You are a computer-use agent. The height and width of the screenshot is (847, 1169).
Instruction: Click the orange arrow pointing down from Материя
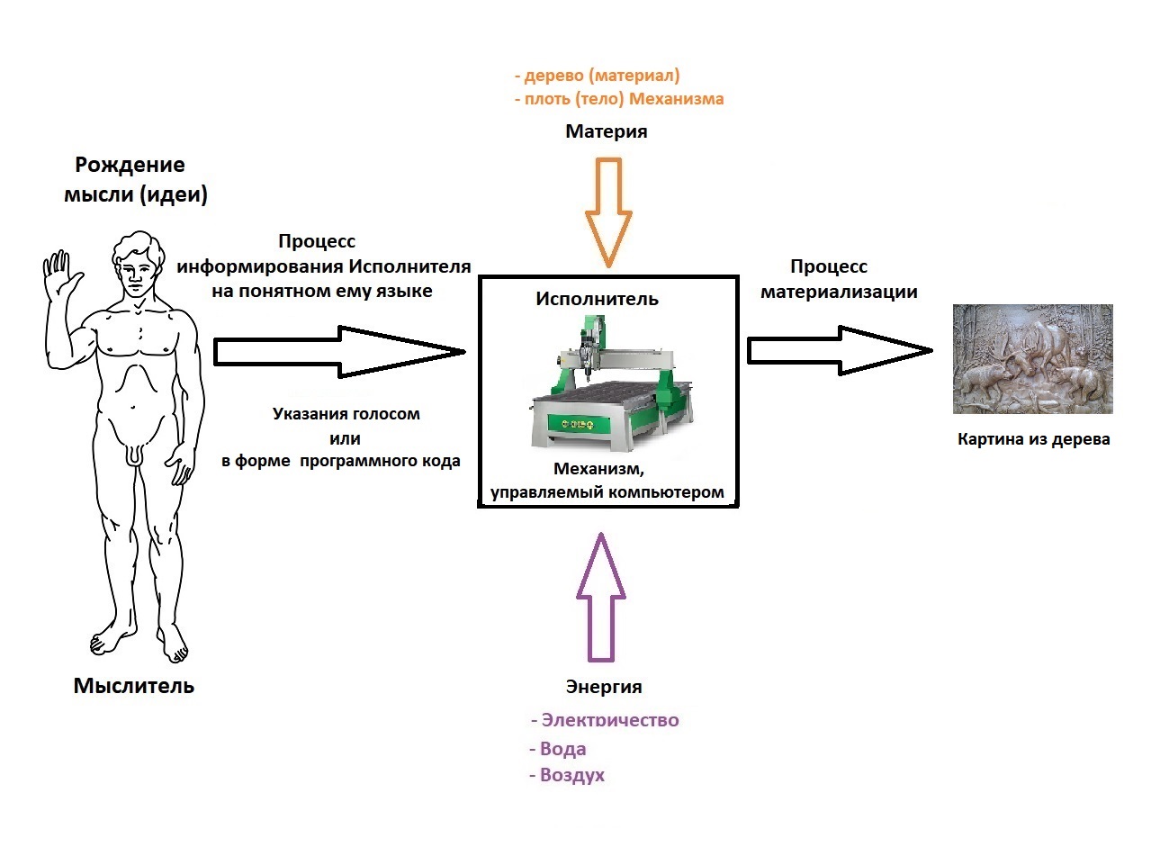(608, 212)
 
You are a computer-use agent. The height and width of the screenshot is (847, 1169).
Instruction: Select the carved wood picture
(1032, 359)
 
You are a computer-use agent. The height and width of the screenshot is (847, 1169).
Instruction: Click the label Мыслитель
(133, 686)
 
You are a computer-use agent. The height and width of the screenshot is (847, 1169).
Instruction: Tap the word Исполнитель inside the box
(597, 299)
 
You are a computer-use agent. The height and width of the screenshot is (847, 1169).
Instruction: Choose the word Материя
(606, 131)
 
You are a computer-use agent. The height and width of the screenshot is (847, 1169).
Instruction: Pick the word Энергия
(604, 687)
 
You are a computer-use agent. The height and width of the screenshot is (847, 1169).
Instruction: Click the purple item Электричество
(609, 720)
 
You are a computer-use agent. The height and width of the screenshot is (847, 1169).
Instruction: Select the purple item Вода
(562, 749)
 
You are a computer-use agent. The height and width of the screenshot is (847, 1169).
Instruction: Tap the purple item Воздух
(571, 775)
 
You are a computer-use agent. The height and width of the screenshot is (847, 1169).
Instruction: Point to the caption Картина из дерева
(1033, 440)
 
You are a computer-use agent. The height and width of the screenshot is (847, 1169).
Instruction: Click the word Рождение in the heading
(130, 165)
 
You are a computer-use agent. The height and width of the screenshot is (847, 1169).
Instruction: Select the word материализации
(839, 292)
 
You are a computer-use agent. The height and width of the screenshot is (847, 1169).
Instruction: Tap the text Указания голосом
(346, 414)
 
